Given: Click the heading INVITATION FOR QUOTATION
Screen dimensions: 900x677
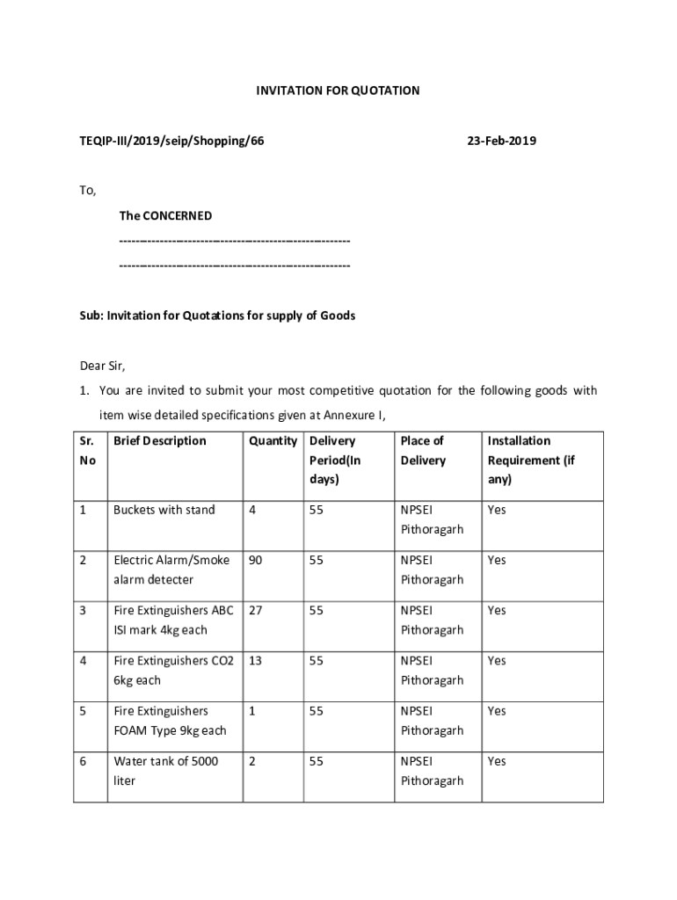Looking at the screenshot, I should click(338, 91).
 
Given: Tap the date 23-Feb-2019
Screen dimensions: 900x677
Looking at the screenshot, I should click(501, 141).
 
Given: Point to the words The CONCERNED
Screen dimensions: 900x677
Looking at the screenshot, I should click(165, 215).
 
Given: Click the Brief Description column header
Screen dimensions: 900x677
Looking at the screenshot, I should click(160, 441).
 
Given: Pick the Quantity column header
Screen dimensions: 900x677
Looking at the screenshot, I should click(273, 441).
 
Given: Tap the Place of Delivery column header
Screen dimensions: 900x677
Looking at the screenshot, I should click(423, 451).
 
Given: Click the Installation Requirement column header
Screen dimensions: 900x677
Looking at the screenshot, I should click(531, 460).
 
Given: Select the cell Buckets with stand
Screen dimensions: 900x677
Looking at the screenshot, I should click(164, 510).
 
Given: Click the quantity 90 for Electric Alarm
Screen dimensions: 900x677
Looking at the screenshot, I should click(256, 560).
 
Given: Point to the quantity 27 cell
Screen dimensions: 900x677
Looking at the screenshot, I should click(256, 610).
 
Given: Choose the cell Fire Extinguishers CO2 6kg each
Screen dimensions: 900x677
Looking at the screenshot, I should click(173, 670).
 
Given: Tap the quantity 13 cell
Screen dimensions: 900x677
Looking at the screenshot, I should click(256, 660).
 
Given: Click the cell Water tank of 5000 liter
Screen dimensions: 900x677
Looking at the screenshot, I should click(166, 771).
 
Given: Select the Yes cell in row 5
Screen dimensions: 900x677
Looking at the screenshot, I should click(497, 710).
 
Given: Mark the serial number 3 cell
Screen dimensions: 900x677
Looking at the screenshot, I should click(83, 610).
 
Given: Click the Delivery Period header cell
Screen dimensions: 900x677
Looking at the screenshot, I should click(335, 460).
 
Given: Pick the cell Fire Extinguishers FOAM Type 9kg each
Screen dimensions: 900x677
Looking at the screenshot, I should click(170, 720).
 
